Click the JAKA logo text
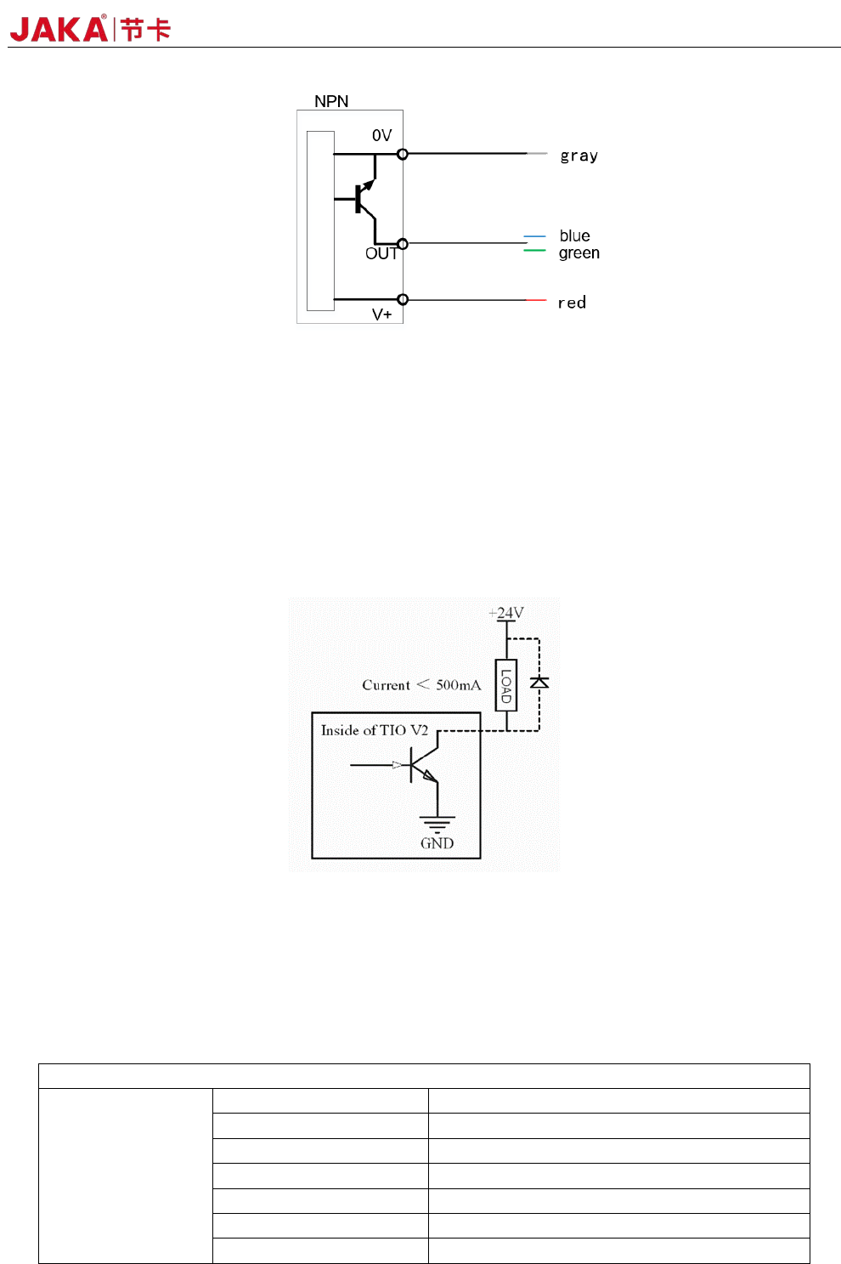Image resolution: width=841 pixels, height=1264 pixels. pos(59,29)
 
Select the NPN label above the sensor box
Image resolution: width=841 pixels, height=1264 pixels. pos(331,101)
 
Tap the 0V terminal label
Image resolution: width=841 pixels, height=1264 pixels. pos(381,135)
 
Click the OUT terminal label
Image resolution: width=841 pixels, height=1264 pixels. pos(381,253)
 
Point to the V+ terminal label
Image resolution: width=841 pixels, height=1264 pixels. pos(381,315)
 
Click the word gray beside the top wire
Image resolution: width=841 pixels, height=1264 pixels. pos(579,156)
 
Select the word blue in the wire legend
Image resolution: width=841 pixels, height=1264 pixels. pos(574,235)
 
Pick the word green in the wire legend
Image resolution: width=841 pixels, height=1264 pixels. pos(579,252)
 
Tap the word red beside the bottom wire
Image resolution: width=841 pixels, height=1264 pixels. pos(572,303)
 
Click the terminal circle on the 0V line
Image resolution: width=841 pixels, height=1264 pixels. pos(403,154)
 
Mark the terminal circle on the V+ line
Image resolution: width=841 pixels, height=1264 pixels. pos(403,299)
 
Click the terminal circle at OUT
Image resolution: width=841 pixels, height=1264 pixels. pos(403,244)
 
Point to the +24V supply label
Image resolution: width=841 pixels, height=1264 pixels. pos(506,612)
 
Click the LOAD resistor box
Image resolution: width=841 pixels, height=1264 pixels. pos(506,684)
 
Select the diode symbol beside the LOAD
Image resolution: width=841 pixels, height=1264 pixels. pos(539,682)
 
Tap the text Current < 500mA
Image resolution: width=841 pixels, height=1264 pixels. pos(421,684)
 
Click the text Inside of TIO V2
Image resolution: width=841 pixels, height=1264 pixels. pos(375,730)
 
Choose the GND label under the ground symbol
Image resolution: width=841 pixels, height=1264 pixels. pos(437,843)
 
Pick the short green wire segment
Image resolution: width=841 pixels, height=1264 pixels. pos(534,251)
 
